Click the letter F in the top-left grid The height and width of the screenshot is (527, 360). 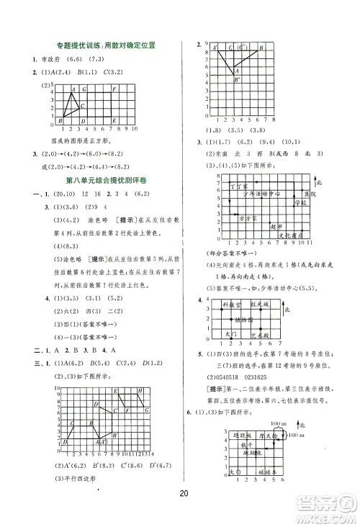point(115,89)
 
